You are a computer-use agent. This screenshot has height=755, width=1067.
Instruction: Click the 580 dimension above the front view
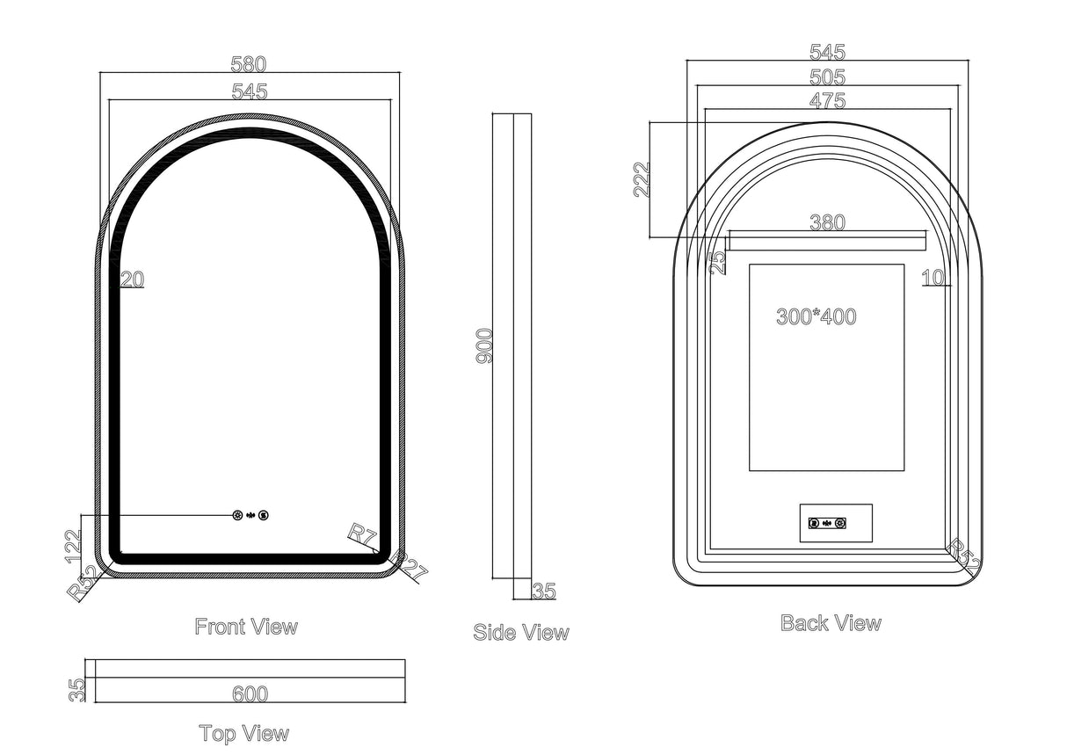248,64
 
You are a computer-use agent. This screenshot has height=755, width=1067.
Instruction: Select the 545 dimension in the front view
249,91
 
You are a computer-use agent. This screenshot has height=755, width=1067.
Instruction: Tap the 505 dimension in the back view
827,77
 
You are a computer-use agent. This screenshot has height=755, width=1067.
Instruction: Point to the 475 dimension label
827,101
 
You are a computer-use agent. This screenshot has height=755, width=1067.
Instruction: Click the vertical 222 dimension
642,180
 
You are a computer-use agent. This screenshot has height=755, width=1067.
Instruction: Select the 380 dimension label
827,223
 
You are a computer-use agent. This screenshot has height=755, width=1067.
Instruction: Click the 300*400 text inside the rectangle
816,317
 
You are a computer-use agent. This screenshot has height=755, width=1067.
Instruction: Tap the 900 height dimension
484,346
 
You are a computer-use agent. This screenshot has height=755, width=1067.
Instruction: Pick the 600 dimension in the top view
250,694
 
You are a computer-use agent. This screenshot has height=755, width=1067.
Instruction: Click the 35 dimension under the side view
544,592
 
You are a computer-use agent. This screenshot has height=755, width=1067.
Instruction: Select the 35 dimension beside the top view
78,689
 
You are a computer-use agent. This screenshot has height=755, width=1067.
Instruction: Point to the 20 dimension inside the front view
132,280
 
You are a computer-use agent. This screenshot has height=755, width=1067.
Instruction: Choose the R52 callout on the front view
83,584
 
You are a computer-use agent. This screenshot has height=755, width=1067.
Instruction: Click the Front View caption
246,627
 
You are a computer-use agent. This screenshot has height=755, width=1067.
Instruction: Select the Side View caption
520,632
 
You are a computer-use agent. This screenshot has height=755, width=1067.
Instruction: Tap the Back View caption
831,623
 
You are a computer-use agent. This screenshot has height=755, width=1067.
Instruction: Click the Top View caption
243,733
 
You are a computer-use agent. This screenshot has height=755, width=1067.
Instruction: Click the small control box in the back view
835,523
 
